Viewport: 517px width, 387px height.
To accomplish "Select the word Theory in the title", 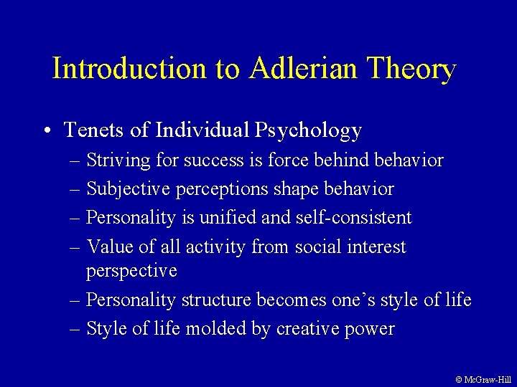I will click(x=411, y=69).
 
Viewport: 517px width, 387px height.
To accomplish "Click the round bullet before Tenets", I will click(x=46, y=131).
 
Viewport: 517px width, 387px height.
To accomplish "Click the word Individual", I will click(x=189, y=130).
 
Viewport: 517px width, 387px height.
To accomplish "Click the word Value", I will click(x=108, y=247).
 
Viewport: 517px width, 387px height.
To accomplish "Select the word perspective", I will click(x=131, y=272).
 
